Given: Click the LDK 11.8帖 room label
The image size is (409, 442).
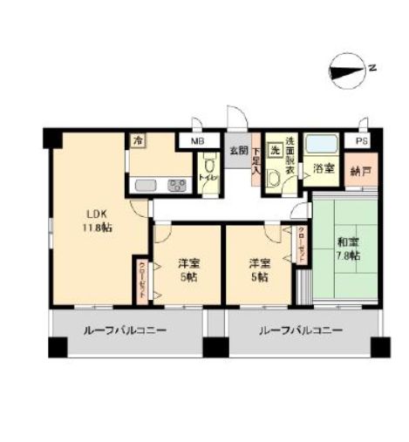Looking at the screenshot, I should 98,221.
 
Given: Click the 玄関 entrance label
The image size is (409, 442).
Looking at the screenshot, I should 237,149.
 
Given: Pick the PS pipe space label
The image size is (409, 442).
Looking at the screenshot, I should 361,139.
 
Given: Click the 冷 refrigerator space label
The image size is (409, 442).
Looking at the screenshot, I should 138,139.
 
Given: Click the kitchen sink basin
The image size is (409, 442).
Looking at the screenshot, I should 144,185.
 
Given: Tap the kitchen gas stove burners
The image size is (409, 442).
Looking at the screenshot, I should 177,185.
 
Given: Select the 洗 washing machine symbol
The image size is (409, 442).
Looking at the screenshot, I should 274,150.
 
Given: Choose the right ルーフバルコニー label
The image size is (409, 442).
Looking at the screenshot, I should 299,332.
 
